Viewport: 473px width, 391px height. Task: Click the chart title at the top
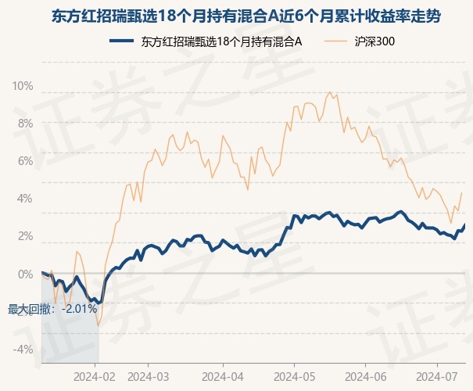click(x=245, y=16)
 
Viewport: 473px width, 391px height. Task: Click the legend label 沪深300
click(x=374, y=41)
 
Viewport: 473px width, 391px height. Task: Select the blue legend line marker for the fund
click(x=121, y=41)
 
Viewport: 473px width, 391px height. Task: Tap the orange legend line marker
click(x=335, y=41)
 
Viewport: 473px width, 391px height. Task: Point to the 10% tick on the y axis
click(x=23, y=86)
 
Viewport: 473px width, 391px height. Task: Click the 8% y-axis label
click(x=25, y=124)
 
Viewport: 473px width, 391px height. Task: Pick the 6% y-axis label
click(x=25, y=161)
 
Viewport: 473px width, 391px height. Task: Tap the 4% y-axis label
click(x=25, y=199)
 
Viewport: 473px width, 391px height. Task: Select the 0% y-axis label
click(x=25, y=274)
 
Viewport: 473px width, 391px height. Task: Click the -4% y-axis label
click(x=23, y=350)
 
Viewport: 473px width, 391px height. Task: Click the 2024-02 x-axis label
click(x=95, y=377)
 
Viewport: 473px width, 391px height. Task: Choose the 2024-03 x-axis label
click(x=148, y=377)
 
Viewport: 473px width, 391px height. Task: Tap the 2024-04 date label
click(x=223, y=377)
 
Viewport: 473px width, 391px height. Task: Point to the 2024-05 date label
click(x=295, y=377)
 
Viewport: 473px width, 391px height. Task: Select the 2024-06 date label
click(x=366, y=377)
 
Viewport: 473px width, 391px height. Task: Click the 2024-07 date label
click(x=437, y=377)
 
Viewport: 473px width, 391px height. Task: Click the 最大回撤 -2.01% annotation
click(x=52, y=309)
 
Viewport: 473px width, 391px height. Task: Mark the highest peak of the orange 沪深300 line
click(x=330, y=92)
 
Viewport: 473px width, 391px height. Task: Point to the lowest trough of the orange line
click(x=98, y=326)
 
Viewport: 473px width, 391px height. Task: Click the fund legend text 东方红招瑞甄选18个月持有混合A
click(x=222, y=41)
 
